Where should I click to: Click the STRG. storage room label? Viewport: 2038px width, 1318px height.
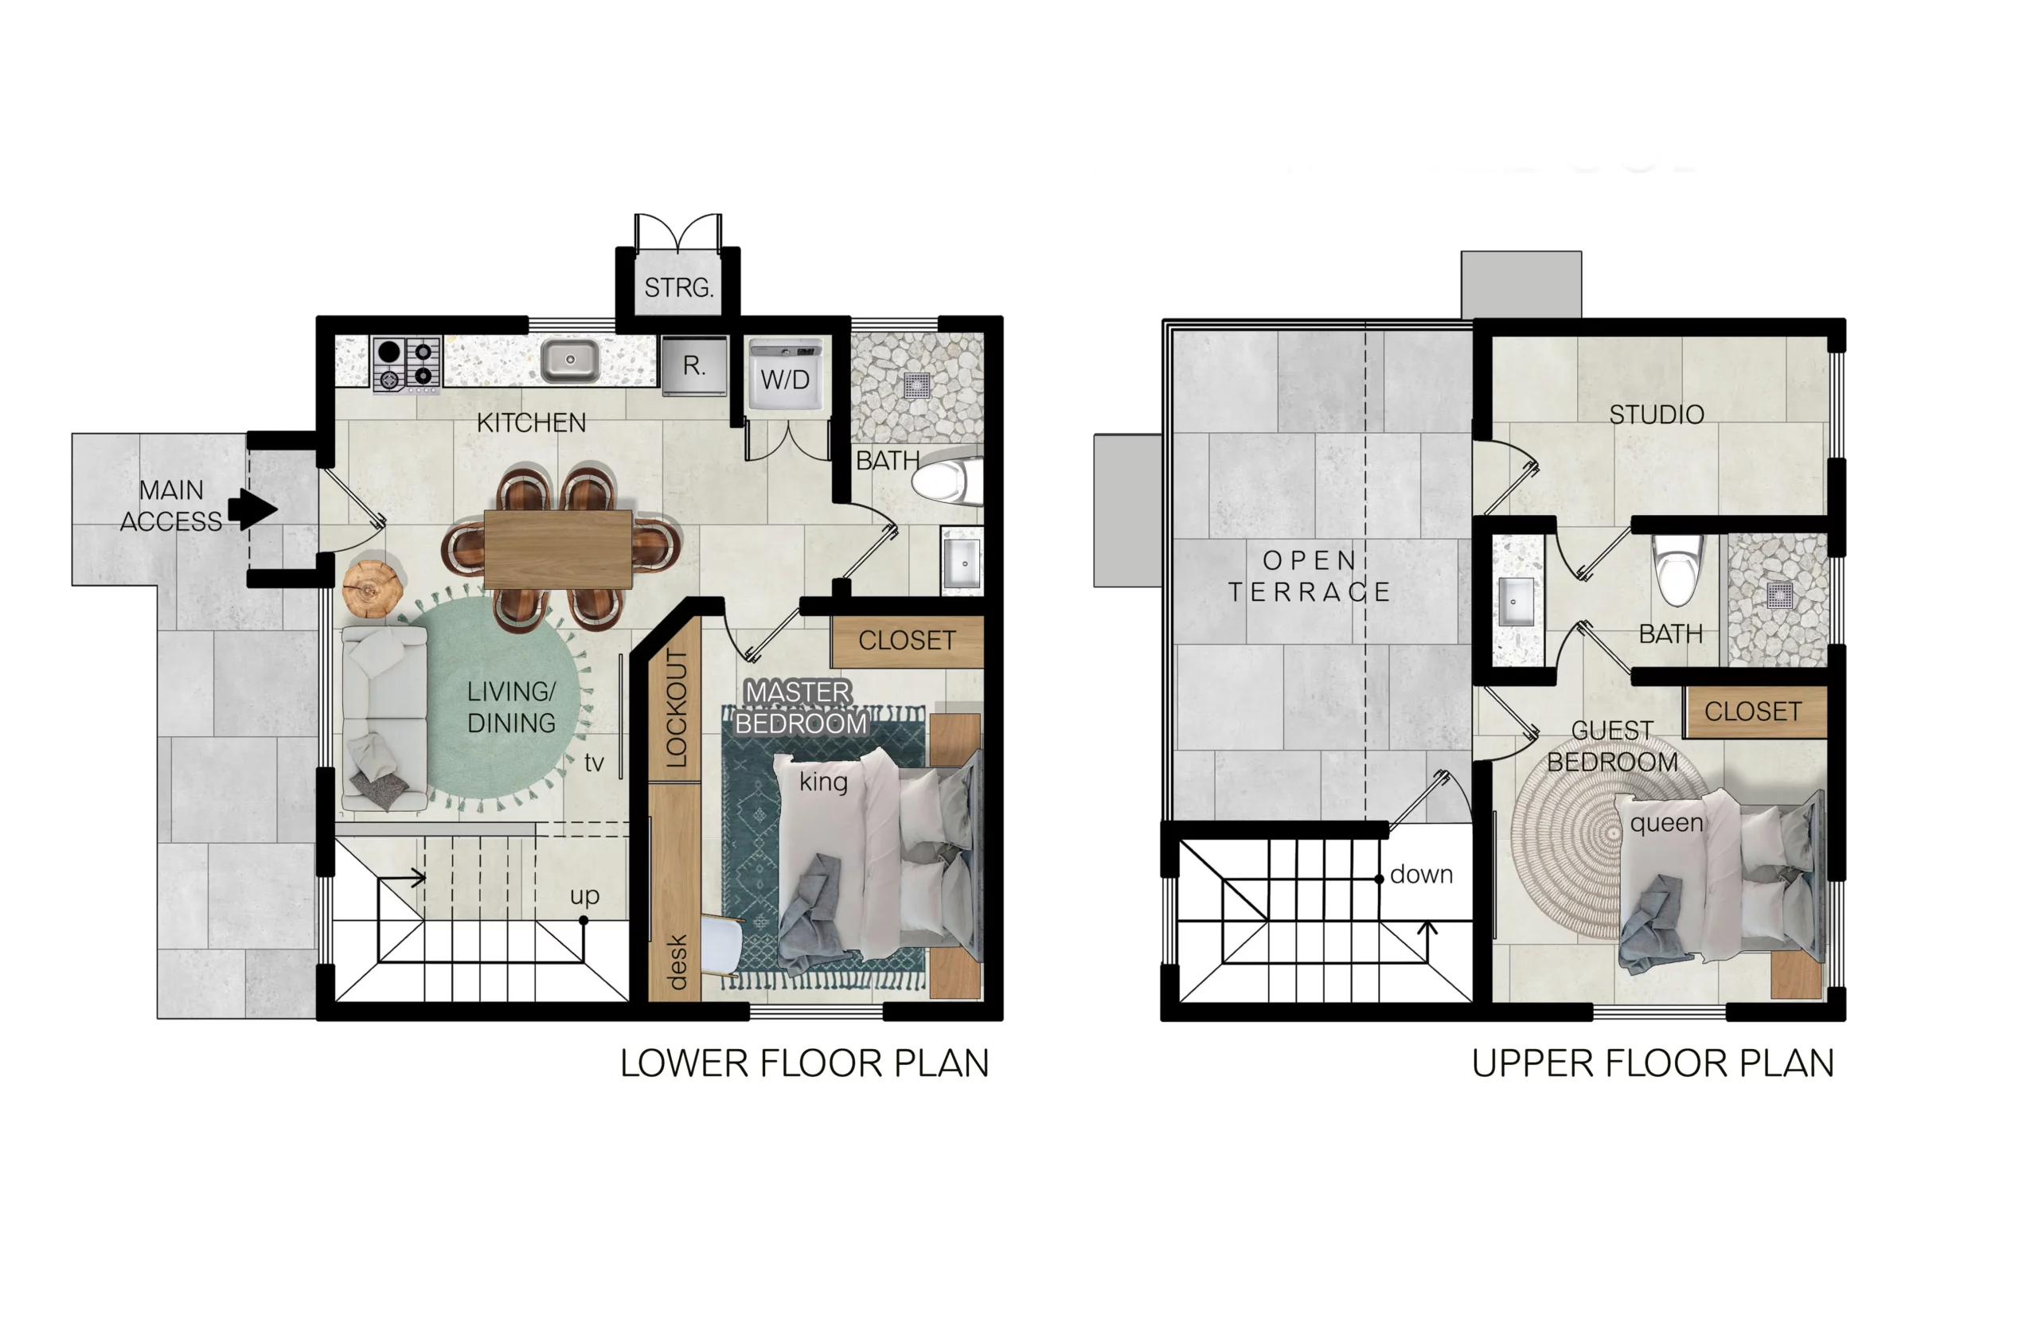click(x=679, y=287)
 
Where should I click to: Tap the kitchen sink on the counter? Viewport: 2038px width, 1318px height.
click(x=570, y=361)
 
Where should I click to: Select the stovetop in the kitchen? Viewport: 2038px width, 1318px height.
click(x=407, y=364)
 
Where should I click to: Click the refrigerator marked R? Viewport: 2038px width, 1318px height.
click(x=694, y=365)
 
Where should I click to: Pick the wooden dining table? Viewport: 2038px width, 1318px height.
click(x=558, y=549)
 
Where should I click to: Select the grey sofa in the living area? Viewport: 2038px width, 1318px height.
click(x=385, y=718)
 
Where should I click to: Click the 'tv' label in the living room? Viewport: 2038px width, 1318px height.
click(x=594, y=762)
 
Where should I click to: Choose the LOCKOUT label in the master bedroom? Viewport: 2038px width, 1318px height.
click(x=676, y=708)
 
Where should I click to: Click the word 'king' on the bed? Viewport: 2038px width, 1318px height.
click(x=823, y=782)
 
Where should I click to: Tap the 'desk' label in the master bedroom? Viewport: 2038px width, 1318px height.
click(x=676, y=962)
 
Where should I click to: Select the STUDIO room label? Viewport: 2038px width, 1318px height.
click(x=1656, y=415)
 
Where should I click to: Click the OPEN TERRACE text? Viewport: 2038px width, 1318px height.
click(x=1309, y=576)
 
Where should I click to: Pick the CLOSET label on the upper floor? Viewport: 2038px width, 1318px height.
click(x=1753, y=712)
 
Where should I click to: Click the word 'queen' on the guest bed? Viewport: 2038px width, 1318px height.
click(x=1666, y=823)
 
